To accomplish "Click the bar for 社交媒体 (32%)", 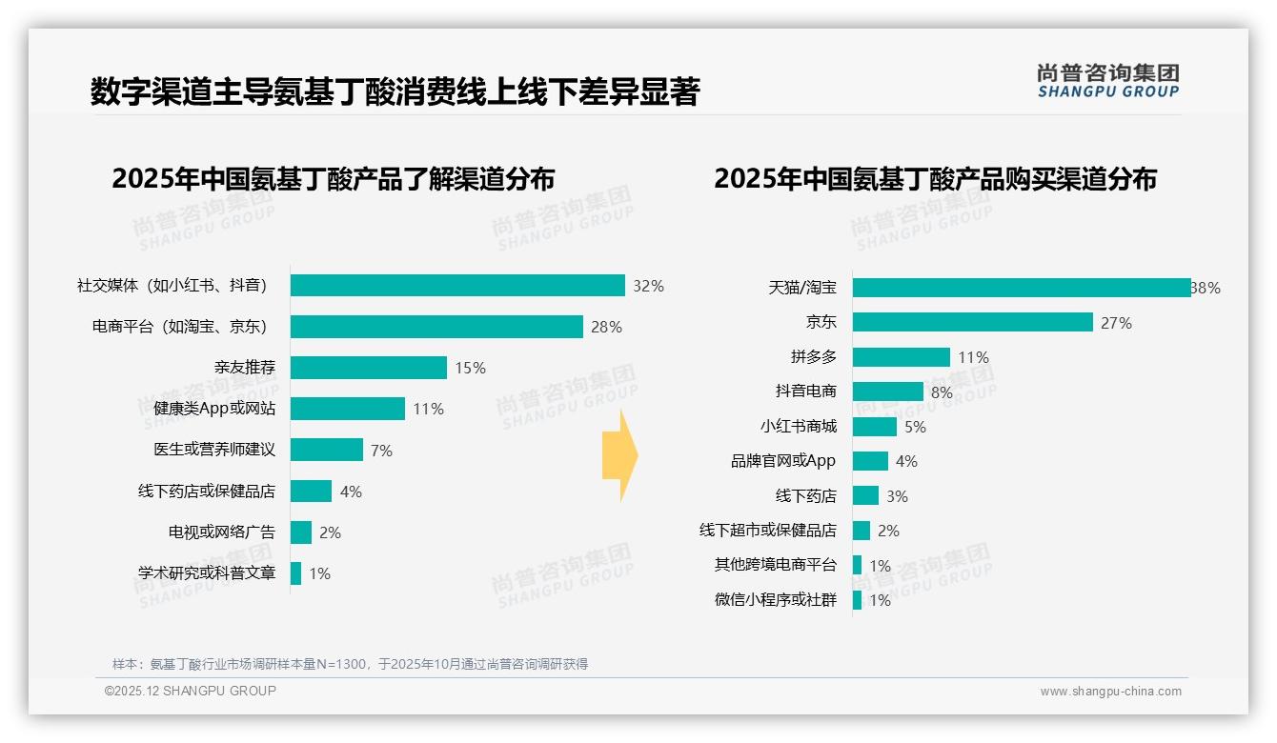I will (457, 286).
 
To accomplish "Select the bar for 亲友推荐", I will (368, 368).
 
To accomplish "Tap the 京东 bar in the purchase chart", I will (972, 322).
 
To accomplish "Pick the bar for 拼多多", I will (901, 357).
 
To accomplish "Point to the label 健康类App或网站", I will (214, 409).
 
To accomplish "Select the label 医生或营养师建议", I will (214, 450).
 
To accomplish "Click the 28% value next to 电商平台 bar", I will (606, 327).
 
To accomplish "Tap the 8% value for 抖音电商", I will (942, 392).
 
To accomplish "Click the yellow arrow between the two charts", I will (619, 455).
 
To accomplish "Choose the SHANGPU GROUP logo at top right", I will (1107, 81).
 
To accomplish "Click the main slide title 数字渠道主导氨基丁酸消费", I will (395, 92).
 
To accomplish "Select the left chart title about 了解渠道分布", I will (333, 179).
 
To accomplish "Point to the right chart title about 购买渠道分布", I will (935, 179).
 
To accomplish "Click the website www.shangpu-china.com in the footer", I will (1110, 692).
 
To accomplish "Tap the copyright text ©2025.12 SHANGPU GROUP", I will (191, 691).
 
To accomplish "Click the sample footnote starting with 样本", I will (350, 664).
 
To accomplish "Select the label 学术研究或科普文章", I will (207, 573).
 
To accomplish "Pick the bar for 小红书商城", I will (874, 427).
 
